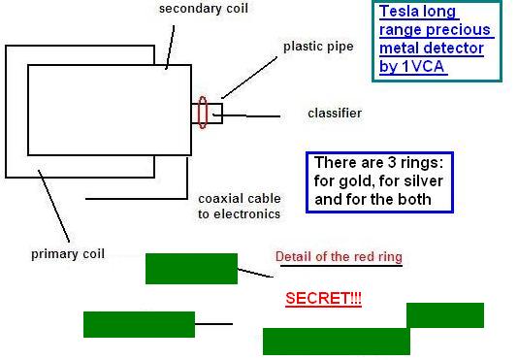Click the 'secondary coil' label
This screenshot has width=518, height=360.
point(204,9)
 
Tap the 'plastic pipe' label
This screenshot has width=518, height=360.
point(318,47)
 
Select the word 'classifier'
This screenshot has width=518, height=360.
point(335,114)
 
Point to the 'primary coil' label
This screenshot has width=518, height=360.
point(68,254)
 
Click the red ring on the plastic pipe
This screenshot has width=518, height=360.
point(203,113)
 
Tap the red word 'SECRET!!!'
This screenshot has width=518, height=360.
point(323,299)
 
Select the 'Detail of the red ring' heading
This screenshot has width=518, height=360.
point(339,257)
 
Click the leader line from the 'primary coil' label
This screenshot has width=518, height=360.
point(54,207)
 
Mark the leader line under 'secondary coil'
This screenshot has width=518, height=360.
point(170,48)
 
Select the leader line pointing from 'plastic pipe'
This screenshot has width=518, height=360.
point(249,78)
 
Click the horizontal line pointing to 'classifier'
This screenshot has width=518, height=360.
point(246,115)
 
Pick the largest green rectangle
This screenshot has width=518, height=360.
point(337,342)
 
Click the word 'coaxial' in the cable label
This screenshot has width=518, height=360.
point(218,199)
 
